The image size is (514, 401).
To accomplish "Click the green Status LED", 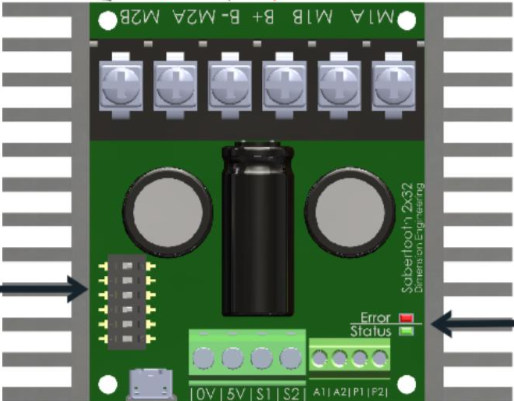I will click(405, 331).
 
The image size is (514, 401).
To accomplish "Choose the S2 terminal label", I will click(291, 390).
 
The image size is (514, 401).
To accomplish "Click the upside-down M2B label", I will click(125, 17).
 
